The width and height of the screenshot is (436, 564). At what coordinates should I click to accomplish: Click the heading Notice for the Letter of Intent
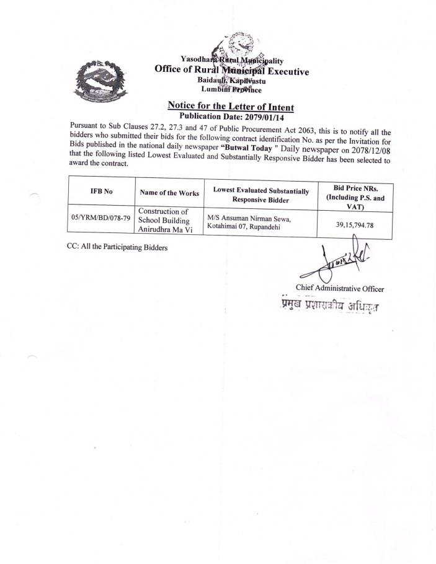pos(231,106)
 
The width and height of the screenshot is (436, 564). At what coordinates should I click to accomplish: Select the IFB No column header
pos(102,192)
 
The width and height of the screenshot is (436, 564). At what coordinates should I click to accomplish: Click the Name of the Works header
pos(169,193)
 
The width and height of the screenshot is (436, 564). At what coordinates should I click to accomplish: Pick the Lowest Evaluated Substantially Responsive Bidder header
pos(260,195)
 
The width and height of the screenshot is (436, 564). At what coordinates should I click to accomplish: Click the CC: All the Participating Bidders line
pos(117,247)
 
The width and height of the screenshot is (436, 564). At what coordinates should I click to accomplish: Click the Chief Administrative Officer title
pos(340,288)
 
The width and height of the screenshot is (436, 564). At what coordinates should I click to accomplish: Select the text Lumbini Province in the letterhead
pos(231,90)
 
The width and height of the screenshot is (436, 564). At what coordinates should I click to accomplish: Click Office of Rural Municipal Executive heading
pos(231,71)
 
